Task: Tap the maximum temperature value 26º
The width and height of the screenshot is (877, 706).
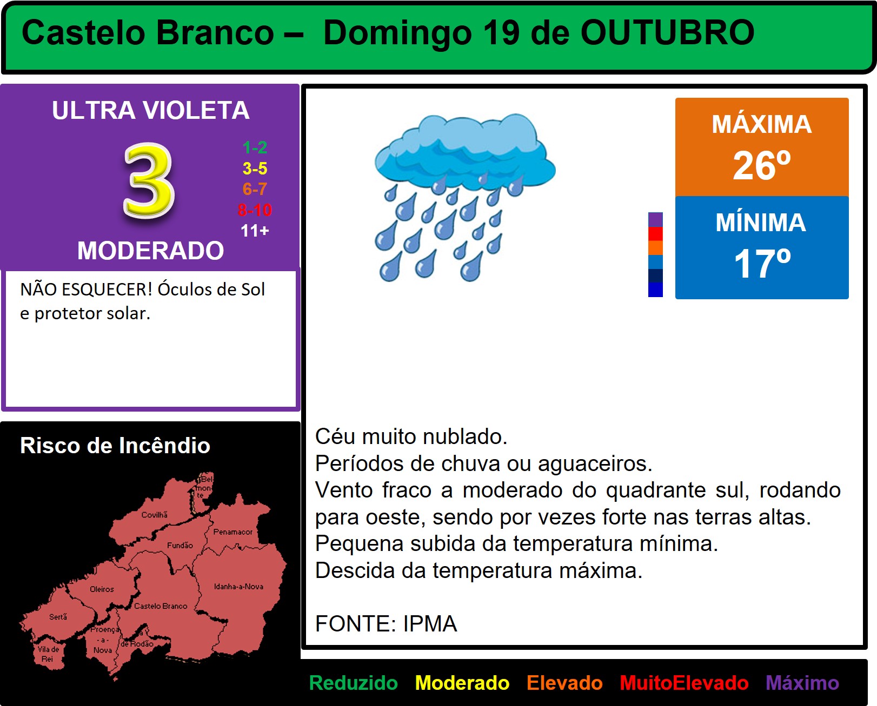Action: (x=762, y=165)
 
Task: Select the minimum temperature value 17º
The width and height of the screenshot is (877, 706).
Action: (x=762, y=264)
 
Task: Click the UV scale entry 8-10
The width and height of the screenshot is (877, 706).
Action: (x=255, y=210)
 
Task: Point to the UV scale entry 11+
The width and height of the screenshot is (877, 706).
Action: (x=255, y=231)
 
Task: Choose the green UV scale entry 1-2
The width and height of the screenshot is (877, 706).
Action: (x=255, y=147)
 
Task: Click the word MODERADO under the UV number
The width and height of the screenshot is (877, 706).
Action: (x=150, y=250)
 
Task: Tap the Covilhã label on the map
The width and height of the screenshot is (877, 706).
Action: (x=155, y=515)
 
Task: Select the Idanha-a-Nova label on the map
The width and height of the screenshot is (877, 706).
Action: (x=239, y=587)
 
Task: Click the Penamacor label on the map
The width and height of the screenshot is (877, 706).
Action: (x=232, y=532)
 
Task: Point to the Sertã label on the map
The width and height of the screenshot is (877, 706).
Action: (x=58, y=617)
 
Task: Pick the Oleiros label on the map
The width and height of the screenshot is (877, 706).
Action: (x=102, y=589)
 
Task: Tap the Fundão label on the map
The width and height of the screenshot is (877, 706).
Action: (x=180, y=545)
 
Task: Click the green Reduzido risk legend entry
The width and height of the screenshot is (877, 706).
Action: (x=353, y=683)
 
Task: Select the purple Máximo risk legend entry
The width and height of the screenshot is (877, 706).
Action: (x=802, y=683)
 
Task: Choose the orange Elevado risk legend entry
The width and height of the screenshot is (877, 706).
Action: (x=564, y=683)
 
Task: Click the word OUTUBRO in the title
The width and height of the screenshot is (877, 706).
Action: (x=667, y=32)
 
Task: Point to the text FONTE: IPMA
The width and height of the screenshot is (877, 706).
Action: (x=386, y=623)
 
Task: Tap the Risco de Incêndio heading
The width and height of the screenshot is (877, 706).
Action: (x=115, y=445)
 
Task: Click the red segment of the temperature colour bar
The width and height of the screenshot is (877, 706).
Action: (x=655, y=234)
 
